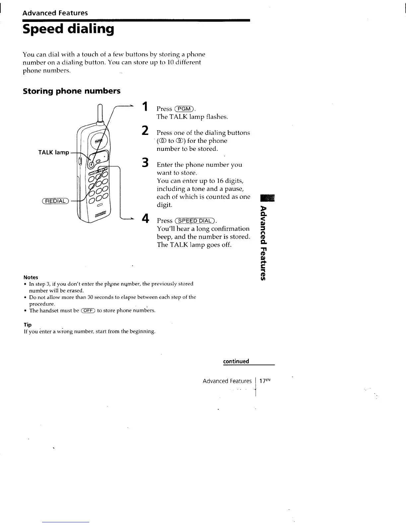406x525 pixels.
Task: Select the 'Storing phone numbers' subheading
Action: [x=72, y=91]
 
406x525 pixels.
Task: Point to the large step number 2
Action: [x=144, y=131]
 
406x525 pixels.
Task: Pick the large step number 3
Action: [x=144, y=163]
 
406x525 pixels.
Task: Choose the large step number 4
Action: [x=144, y=219]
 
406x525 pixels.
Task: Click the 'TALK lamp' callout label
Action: [x=54, y=152]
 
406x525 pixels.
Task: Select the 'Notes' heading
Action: [x=31, y=277]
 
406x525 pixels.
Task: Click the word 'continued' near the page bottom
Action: [x=236, y=361]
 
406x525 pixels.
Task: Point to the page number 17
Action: [x=263, y=381]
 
